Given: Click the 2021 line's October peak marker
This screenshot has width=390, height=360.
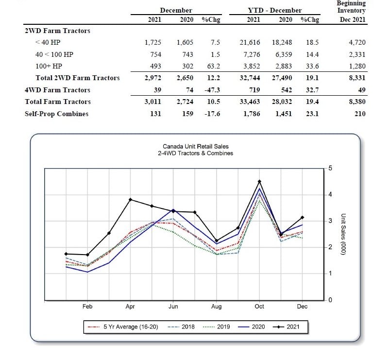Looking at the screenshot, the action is click(259, 182).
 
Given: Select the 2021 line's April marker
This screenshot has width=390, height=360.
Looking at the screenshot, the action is click(130, 200).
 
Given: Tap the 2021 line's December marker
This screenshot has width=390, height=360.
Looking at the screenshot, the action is click(303, 218).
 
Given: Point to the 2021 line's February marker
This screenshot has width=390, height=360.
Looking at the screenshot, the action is click(87, 255).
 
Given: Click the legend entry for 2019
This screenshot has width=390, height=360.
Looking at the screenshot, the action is click(217, 326).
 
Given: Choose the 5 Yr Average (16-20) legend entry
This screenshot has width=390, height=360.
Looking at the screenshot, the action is click(123, 326).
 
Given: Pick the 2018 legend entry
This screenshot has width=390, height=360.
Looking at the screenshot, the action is click(181, 326).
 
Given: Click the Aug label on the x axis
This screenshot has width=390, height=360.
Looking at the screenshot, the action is click(217, 307).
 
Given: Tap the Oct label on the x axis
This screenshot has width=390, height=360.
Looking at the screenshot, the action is click(259, 306).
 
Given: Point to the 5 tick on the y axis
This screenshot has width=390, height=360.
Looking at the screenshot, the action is click(330, 168).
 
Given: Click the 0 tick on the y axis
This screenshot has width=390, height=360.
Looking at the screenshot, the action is click(330, 300).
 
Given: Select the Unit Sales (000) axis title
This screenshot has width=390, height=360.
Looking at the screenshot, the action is click(343, 234).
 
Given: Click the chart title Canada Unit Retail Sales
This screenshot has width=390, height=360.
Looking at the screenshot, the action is click(196, 147).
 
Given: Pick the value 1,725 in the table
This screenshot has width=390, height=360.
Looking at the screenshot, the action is click(153, 42).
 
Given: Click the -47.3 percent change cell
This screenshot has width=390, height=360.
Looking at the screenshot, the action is click(212, 90).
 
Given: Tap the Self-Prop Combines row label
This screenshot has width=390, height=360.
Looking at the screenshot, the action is click(56, 114).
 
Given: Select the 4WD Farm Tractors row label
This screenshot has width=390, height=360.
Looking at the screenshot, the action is click(57, 90).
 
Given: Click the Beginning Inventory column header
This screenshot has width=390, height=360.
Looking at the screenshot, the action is click(352, 7).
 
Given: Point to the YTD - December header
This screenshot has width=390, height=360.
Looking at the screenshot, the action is click(274, 11).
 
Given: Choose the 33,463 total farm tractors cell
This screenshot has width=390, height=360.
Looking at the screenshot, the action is click(250, 102).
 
